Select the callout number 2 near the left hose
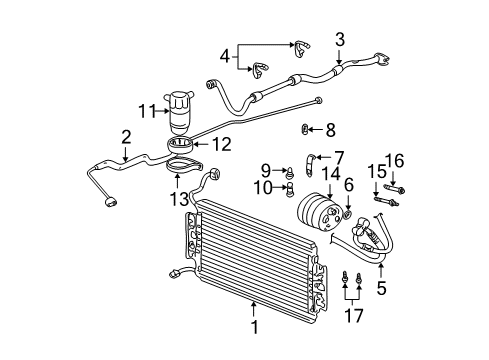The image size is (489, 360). pyautogui.click(x=125, y=136)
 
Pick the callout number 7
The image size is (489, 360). pyautogui.click(x=338, y=156)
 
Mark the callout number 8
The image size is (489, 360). pyautogui.click(x=331, y=129)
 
